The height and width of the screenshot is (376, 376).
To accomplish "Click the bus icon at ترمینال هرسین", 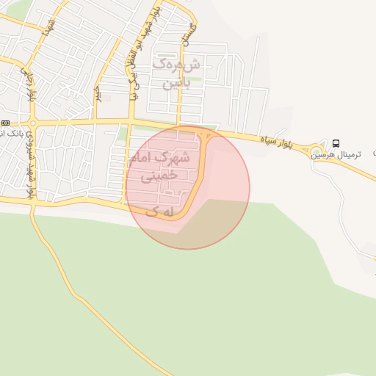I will coord(336,142).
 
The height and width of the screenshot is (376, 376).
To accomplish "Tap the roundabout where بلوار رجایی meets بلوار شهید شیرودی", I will coord(31,122).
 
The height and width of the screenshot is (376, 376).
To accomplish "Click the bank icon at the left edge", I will coord(5,123).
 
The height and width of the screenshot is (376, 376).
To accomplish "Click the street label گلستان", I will coord(192,32).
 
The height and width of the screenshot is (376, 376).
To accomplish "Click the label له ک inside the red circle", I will coord(162,211).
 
